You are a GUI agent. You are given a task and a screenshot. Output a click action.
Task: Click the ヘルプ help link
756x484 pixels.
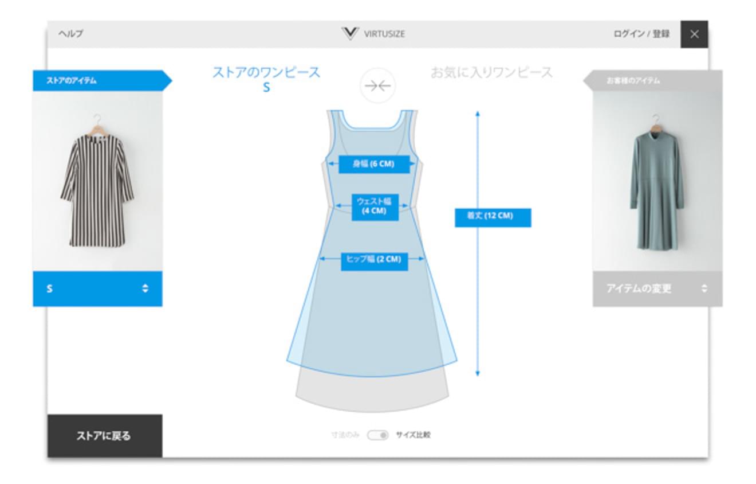[70, 34]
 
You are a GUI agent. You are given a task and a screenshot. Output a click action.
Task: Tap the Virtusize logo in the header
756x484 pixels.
[373, 34]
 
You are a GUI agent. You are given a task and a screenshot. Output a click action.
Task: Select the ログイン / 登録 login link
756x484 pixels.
[641, 34]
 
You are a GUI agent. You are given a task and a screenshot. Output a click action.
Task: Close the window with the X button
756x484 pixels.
[694, 34]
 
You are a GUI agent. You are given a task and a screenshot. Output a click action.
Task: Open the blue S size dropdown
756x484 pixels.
[97, 288]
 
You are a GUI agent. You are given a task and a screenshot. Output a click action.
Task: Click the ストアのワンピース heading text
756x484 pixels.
[266, 73]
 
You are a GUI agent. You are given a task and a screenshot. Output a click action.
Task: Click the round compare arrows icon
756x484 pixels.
[377, 85]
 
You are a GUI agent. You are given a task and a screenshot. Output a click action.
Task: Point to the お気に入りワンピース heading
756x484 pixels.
[491, 73]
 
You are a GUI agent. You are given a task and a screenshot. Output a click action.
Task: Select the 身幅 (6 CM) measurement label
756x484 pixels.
[374, 164]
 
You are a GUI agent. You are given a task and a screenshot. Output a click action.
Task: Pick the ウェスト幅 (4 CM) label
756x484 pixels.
[374, 206]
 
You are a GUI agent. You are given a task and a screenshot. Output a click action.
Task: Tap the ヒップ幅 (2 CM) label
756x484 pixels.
[374, 260]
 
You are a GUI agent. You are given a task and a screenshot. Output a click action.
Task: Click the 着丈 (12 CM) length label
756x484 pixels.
[493, 217]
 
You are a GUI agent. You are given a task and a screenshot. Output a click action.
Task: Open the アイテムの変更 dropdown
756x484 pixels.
[657, 288]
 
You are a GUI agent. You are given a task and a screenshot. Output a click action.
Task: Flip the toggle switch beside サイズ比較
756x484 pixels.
[378, 435]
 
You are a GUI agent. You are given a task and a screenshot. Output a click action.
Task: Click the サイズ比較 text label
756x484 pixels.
[413, 435]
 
